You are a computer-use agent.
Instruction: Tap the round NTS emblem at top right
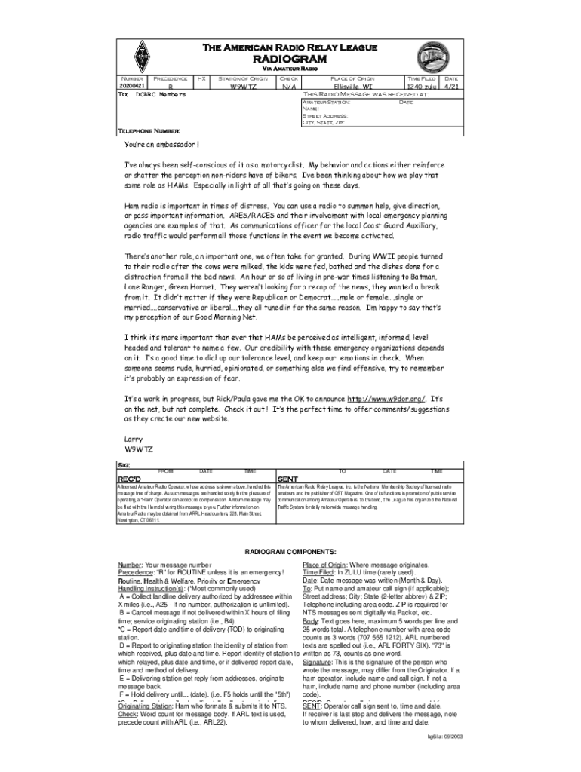pos(432,56)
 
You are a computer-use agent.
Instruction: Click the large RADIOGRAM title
pos(279,59)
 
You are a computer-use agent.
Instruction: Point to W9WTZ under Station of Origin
pos(243,87)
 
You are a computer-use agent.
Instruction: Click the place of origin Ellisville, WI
pos(352,87)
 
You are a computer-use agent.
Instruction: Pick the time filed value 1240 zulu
pos(419,87)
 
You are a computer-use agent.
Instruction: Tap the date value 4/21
pos(451,87)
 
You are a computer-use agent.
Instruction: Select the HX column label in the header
pos(201,78)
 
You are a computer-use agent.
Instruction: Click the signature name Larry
pos(133,438)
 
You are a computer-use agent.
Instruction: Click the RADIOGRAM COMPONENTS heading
pos(290,551)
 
